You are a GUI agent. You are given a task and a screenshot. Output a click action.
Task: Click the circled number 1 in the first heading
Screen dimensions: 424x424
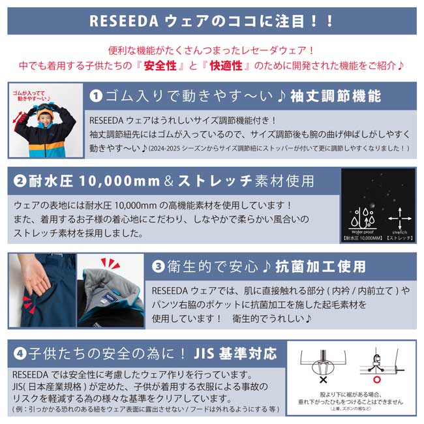(96, 97)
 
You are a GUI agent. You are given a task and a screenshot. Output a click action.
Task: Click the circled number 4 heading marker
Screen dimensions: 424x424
(20, 354)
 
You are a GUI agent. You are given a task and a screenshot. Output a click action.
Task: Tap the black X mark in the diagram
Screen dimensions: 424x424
(324, 379)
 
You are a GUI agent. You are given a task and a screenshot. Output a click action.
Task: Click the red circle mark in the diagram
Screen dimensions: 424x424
(376, 379)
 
